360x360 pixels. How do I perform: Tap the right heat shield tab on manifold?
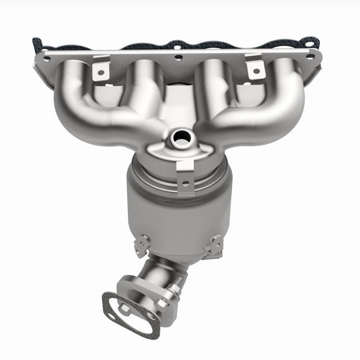click(x=255, y=66)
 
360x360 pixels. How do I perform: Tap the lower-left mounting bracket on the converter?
click(x=143, y=243)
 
